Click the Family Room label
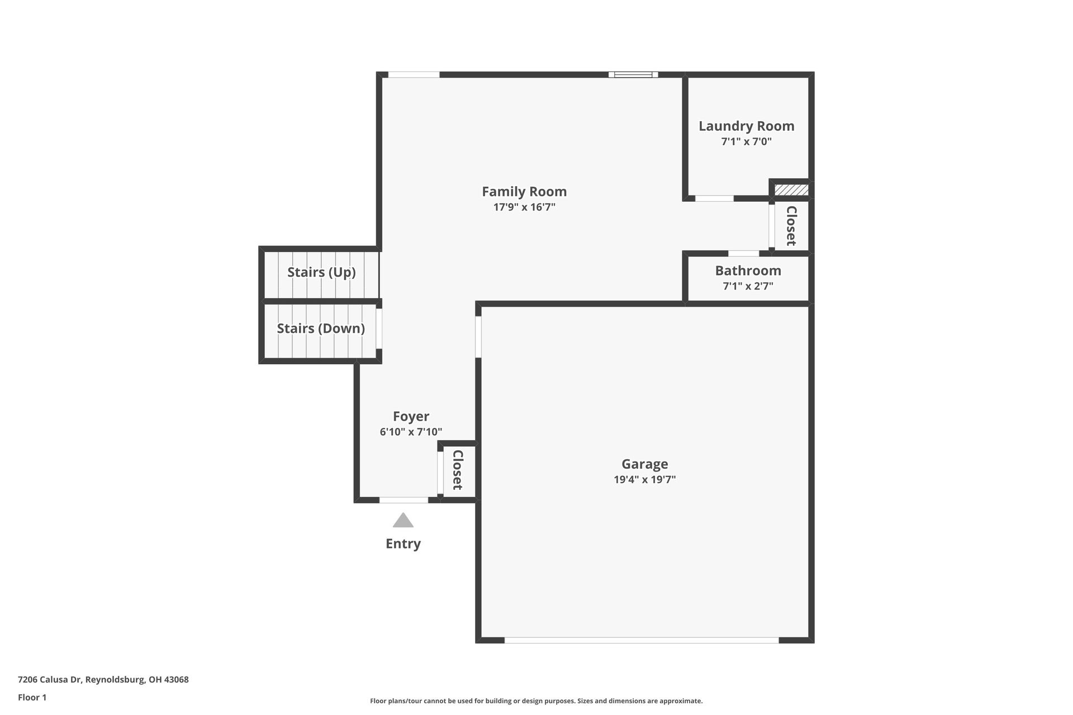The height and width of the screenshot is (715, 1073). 524,192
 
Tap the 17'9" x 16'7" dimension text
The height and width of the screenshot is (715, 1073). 524,207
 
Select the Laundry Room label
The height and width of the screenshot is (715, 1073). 746,126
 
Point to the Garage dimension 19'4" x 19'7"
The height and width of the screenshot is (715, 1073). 644,479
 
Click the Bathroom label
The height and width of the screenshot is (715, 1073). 748,271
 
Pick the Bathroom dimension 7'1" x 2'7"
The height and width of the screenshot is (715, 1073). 748,287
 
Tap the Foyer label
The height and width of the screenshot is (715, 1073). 411,417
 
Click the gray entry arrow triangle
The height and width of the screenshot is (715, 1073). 403,521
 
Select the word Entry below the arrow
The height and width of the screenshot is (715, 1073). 403,544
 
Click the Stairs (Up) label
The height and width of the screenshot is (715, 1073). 321,272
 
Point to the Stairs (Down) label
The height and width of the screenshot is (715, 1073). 321,328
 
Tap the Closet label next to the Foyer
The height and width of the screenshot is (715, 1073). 458,470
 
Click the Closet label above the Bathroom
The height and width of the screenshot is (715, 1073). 791,226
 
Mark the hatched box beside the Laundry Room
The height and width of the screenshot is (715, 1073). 791,190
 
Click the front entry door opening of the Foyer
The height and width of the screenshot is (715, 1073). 403,500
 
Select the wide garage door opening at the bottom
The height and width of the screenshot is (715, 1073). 641,640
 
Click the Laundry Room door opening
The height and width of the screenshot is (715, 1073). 714,198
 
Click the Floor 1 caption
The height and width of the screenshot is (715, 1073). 32,697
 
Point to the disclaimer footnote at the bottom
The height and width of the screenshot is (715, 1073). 536,701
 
